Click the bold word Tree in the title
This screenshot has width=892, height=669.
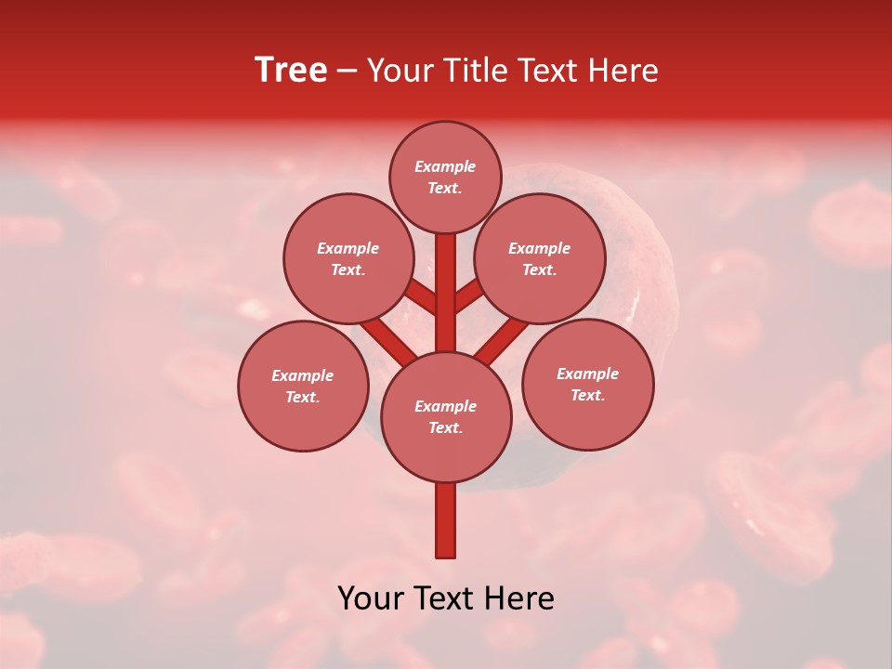(291, 71)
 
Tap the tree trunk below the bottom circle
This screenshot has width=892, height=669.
(446, 520)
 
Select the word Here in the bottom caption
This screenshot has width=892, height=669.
(520, 599)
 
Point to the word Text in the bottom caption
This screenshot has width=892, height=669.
(446, 599)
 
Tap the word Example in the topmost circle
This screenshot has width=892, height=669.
(445, 167)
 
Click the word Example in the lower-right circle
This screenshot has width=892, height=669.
(587, 374)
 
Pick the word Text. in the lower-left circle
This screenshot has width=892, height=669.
(302, 398)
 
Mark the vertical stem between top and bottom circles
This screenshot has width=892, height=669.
(446, 293)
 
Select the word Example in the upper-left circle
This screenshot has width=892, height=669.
(348, 249)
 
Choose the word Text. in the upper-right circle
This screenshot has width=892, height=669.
(539, 270)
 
